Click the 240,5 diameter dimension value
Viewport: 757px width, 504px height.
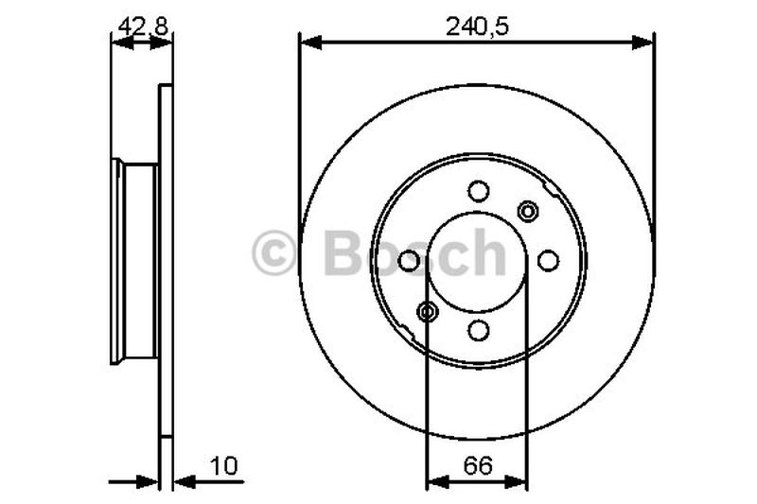coord(477,26)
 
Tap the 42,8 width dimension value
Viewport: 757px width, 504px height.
coord(143,26)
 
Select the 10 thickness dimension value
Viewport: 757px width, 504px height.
coord(224,466)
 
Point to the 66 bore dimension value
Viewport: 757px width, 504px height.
coord(478,466)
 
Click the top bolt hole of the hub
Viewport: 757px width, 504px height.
coord(479,191)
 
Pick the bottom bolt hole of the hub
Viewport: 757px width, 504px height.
coord(479,331)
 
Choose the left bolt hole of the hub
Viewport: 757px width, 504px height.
coord(409,261)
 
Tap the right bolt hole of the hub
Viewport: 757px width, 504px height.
coord(549,261)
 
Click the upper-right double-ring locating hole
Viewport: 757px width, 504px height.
coord(528,211)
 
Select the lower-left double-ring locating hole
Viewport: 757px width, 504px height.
coord(428,311)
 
